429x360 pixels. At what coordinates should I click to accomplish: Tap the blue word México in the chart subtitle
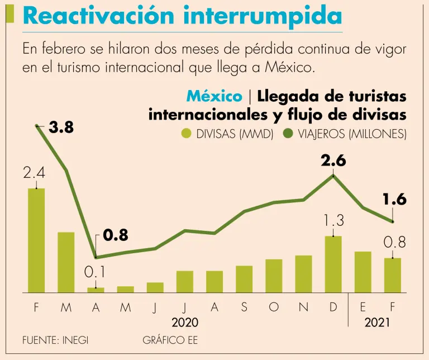click(214, 96)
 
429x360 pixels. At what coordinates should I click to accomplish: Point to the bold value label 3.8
click(61, 128)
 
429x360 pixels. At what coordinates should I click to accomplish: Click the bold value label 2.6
click(333, 162)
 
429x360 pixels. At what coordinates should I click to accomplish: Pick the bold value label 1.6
click(394, 200)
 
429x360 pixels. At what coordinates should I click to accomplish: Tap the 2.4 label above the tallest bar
click(34, 174)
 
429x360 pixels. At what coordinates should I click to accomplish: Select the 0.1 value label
click(95, 273)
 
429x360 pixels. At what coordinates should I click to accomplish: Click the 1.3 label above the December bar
click(333, 221)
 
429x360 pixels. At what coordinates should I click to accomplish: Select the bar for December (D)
click(333, 264)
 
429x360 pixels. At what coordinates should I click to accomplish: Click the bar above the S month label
click(244, 278)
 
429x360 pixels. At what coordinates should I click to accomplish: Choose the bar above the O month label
click(274, 276)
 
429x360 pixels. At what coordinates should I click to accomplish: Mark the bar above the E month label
click(363, 272)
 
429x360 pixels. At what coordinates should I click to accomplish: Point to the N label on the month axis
click(303, 308)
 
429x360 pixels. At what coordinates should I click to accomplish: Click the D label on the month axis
click(333, 308)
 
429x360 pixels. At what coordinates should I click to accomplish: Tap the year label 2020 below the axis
click(184, 323)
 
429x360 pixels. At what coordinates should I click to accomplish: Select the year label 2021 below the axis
click(378, 323)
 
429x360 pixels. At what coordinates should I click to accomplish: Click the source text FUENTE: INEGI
click(55, 340)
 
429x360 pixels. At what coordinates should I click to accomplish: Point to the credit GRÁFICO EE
click(170, 340)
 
